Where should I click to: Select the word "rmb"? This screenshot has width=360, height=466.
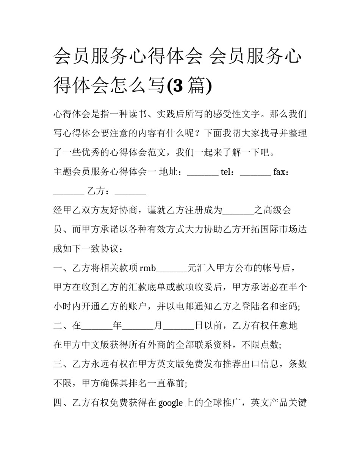pos(148,268)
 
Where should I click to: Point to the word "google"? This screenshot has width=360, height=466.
pos(170,403)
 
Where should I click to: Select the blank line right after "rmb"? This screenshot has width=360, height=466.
pos(172,269)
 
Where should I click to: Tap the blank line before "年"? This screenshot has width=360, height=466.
pos(97,326)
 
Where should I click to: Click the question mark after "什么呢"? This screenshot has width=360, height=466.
pos(199,133)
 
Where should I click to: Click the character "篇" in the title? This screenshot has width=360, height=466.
pos(196,85)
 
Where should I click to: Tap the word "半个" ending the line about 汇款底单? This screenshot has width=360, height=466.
pos(297,287)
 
